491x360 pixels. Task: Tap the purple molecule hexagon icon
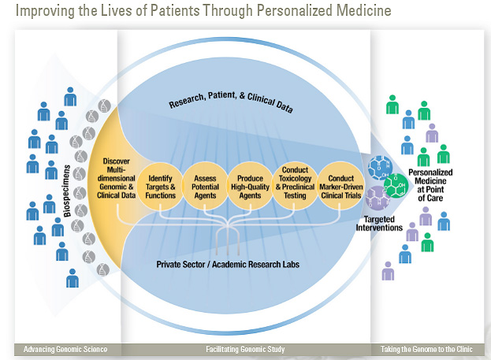point(377,196)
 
